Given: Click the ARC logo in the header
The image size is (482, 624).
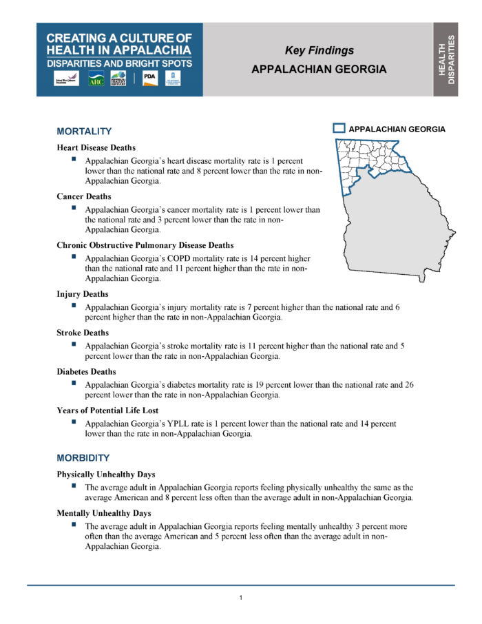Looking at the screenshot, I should click(x=96, y=79).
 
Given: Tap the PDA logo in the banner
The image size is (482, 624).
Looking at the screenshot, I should click(x=149, y=79).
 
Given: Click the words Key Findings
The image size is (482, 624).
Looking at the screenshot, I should click(x=319, y=50).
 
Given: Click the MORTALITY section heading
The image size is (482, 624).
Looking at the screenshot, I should click(x=84, y=131).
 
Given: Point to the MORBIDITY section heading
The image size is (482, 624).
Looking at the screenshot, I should click(x=83, y=457).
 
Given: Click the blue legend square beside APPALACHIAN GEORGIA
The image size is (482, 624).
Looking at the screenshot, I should click(x=338, y=128).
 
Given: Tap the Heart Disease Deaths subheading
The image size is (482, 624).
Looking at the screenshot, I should click(x=96, y=147).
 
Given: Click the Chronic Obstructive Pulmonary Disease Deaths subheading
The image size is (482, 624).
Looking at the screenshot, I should click(x=145, y=245).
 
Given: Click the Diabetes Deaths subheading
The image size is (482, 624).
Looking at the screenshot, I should click(x=86, y=371).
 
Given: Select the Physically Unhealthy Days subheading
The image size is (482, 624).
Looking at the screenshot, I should click(x=105, y=475).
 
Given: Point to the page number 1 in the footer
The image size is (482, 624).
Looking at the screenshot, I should click(x=241, y=597).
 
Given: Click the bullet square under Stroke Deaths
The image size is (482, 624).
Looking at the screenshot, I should click(x=73, y=344).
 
